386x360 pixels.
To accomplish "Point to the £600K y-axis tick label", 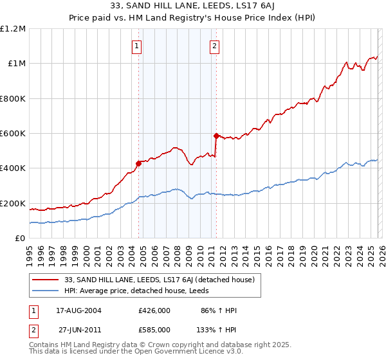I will [14, 134].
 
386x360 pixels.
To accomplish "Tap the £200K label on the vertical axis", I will [14, 203].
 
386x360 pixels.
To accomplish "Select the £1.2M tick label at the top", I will [14, 29].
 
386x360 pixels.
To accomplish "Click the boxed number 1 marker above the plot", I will [138, 46].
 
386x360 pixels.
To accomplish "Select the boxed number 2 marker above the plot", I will [214, 46].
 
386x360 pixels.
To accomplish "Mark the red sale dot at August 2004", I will [138, 163].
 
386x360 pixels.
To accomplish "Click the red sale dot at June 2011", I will [216, 136].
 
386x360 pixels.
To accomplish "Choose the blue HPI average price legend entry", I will [142, 291].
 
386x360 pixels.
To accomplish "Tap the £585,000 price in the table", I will [154, 329].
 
